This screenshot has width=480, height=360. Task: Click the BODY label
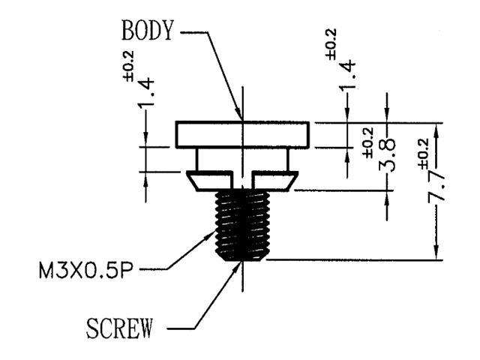(147, 31)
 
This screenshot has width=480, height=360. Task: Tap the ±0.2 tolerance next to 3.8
(368, 140)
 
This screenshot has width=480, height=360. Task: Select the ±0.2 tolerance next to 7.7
(421, 154)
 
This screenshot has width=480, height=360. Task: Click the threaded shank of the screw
(241, 225)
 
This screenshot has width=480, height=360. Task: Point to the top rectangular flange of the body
(241, 133)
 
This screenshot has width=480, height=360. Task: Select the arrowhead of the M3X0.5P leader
(213, 232)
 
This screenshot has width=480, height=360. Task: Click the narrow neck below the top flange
(241, 158)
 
